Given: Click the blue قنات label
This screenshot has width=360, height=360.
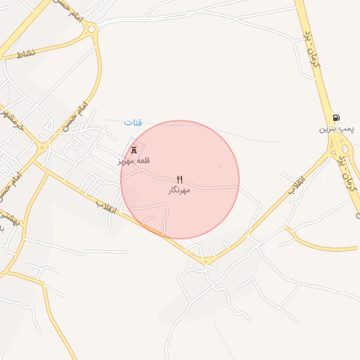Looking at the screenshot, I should (x=134, y=122).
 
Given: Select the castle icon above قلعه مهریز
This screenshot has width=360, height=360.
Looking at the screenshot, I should (x=134, y=150).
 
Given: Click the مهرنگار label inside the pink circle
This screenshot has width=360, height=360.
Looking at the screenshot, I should (x=179, y=191).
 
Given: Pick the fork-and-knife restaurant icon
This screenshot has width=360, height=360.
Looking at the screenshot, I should (x=179, y=179).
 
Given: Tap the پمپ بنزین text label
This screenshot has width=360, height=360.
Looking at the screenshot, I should (x=335, y=129).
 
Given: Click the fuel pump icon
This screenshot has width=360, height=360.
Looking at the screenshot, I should (x=336, y=117).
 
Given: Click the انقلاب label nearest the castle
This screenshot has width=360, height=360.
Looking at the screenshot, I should (x=107, y=207).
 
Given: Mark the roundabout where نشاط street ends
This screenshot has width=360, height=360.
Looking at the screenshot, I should (x=90, y=29).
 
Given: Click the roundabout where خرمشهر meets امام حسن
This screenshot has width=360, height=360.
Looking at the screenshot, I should (x=42, y=148).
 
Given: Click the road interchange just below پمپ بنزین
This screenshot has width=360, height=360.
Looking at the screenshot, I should (x=340, y=148).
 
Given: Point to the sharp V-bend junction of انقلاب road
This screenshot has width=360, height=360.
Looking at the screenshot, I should (x=206, y=262).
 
